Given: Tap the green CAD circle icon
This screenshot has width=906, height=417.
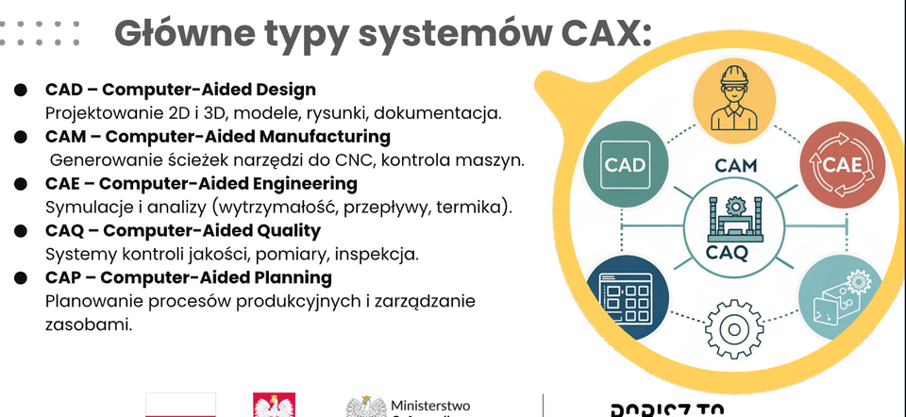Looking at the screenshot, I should [625, 166].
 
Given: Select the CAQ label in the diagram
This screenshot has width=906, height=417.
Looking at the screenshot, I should [727, 253].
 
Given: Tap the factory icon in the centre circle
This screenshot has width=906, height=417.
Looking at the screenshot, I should [730, 217].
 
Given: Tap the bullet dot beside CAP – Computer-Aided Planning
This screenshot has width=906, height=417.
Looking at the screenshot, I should [20, 278].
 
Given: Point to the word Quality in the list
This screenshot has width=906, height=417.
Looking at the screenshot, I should [287, 230].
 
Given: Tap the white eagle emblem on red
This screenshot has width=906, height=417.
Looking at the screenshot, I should [275, 407].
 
